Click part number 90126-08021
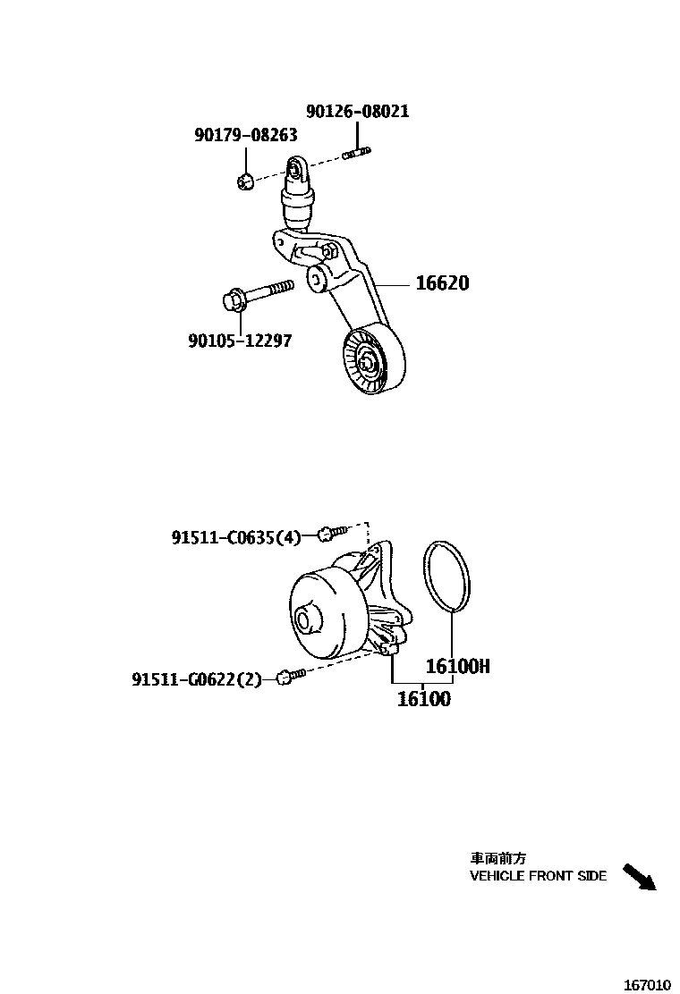pyautogui.click(x=357, y=112)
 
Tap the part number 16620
pyautogui.click(x=442, y=283)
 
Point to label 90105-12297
pyautogui.click(x=240, y=341)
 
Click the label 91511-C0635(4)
pyautogui.click(x=236, y=536)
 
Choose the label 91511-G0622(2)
pyautogui.click(x=197, y=679)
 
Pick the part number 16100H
pyautogui.click(x=457, y=666)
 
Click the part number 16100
pyautogui.click(x=424, y=699)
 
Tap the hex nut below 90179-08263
pyautogui.click(x=244, y=181)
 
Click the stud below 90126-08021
pyautogui.click(x=356, y=156)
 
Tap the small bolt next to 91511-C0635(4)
pyautogui.click(x=330, y=534)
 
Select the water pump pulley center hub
pyautogui.click(x=304, y=619)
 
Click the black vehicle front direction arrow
pyautogui.click(x=639, y=877)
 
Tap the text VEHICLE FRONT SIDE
pyautogui.click(x=538, y=876)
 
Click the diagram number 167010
pyautogui.click(x=647, y=985)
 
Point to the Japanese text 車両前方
pyautogui.click(x=498, y=859)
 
